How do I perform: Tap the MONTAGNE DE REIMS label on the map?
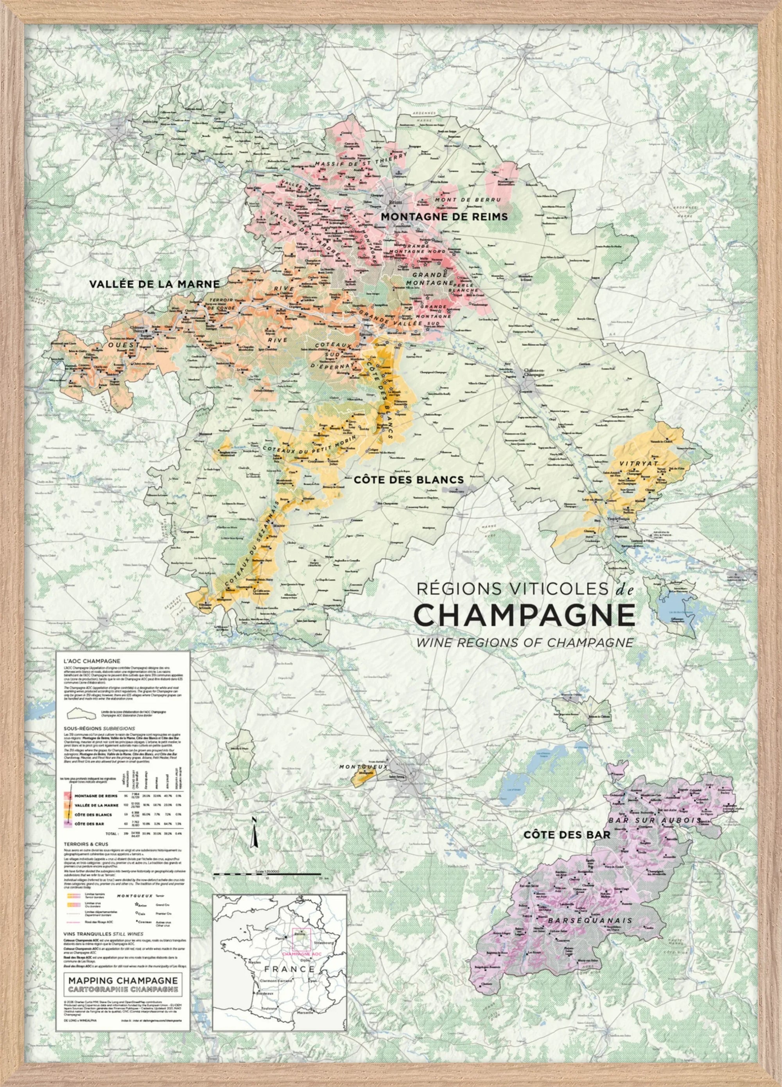click(444, 217)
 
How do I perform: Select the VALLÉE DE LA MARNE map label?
click(154, 284)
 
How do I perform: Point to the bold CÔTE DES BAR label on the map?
click(567, 835)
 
